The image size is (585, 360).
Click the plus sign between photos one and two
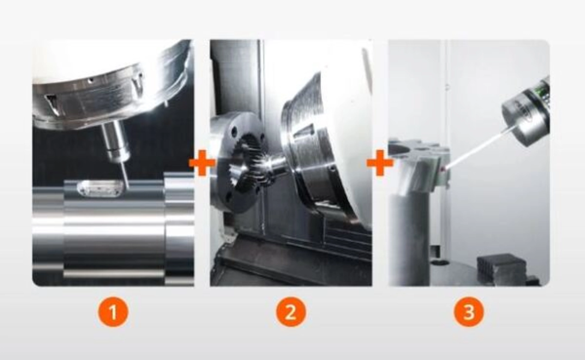coord(202,163)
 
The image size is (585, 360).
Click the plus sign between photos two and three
coord(380,163)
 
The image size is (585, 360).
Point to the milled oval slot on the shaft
coord(100,189)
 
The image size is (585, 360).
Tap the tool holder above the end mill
coord(115,141)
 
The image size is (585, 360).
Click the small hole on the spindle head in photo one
coord(89,80)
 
